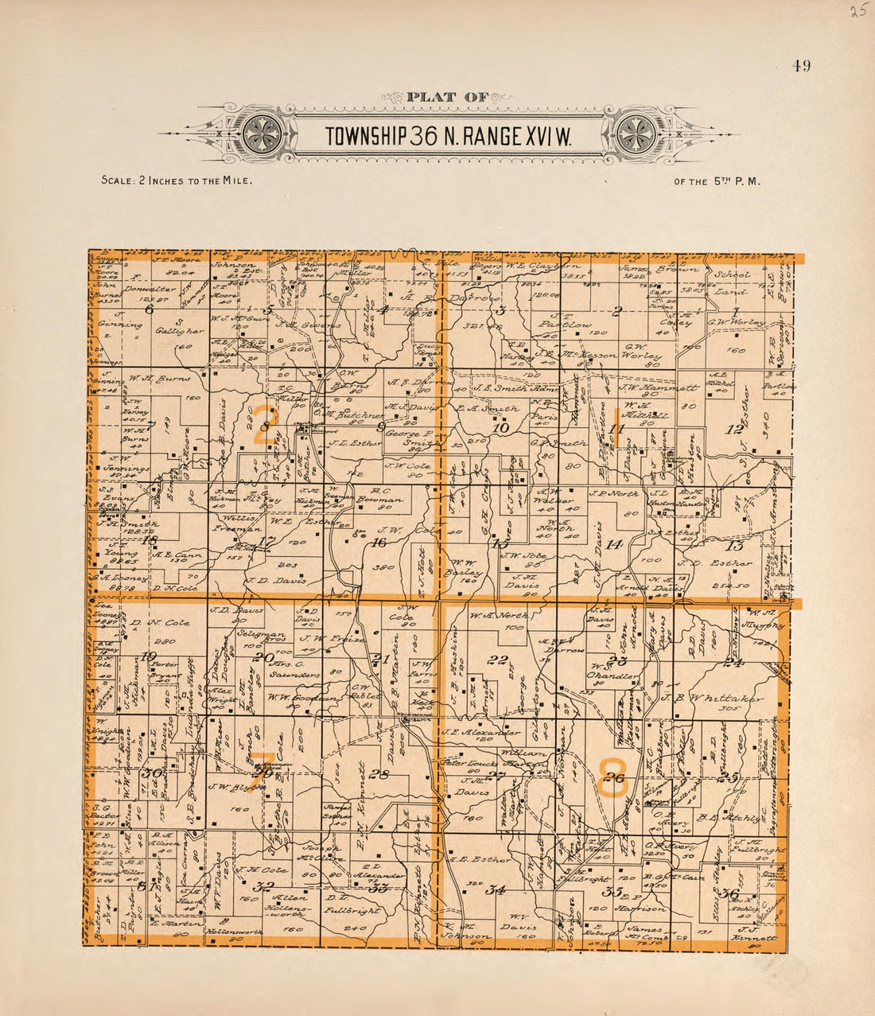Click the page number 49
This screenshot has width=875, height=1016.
pyautogui.click(x=800, y=67)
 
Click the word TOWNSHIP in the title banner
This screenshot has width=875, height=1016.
pyautogui.click(x=367, y=137)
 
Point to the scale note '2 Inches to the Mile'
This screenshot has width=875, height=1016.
pyautogui.click(x=177, y=181)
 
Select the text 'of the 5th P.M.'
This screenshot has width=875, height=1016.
pyautogui.click(x=717, y=181)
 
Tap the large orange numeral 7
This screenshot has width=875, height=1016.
pyautogui.click(x=265, y=767)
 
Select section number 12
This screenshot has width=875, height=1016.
pyautogui.click(x=734, y=430)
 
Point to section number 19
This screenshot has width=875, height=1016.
pyautogui.click(x=148, y=656)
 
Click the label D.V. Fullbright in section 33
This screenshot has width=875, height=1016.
pyautogui.click(x=351, y=902)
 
